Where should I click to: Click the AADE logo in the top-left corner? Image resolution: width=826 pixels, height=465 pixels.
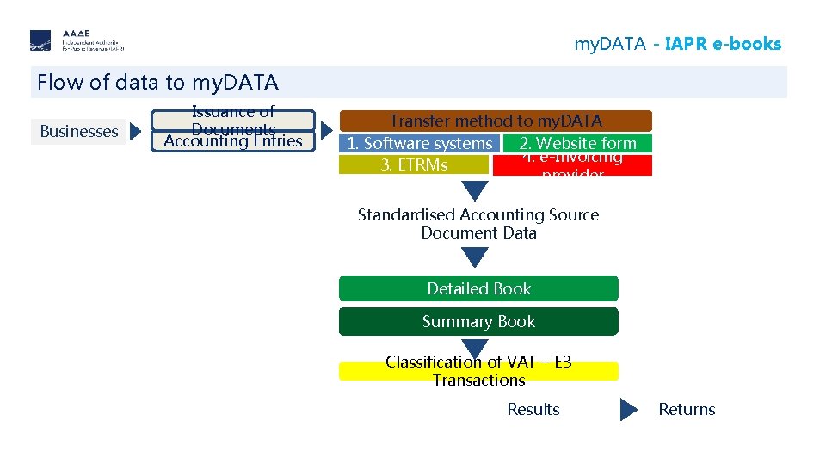(x=77, y=40)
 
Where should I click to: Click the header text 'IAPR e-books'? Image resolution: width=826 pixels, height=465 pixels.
(x=723, y=44)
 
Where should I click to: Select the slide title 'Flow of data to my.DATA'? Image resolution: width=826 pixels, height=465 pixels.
(x=157, y=83)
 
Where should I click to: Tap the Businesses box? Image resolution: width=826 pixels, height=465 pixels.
(x=79, y=132)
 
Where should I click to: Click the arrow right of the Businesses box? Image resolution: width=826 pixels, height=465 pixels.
(x=136, y=132)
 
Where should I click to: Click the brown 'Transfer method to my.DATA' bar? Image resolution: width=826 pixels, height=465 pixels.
(x=496, y=121)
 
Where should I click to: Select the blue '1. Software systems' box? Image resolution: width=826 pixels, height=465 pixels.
(x=419, y=144)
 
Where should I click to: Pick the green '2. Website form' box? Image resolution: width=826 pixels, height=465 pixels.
(x=577, y=144)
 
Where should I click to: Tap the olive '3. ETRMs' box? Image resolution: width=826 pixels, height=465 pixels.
(x=414, y=164)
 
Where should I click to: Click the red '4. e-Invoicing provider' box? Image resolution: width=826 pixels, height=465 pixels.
(x=572, y=165)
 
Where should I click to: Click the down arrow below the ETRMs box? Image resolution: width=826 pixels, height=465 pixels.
(x=475, y=190)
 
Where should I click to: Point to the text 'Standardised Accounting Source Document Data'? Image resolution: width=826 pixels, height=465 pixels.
(x=478, y=224)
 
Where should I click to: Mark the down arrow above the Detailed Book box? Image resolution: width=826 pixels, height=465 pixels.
(x=475, y=257)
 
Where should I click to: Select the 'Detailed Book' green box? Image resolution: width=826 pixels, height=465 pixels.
(x=478, y=288)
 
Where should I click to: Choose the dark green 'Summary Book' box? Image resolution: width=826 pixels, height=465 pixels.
(x=478, y=321)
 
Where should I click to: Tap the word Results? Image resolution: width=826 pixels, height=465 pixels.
(x=533, y=410)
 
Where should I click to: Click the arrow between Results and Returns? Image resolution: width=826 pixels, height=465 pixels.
(x=629, y=410)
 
